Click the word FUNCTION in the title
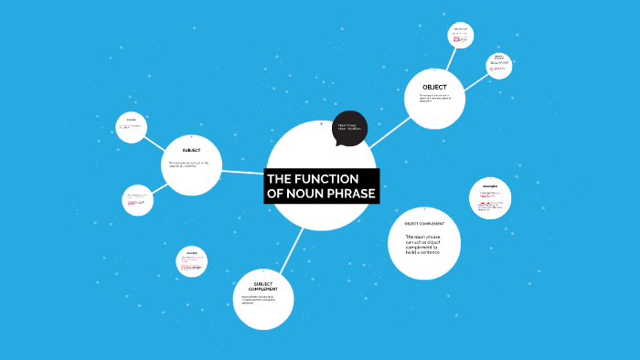pos(326,179)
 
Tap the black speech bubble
pos(349,128)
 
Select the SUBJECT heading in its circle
pos(191,150)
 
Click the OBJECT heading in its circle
pos(434,86)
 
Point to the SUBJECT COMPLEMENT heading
pos(263,287)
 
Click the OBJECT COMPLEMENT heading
pos(424,224)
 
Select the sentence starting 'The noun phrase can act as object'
pos(422,244)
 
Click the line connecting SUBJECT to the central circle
pos(243,171)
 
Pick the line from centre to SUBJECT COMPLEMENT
pos(293,246)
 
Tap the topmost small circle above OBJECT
pos(461,35)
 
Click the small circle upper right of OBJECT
pos(499,65)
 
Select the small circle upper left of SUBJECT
pos(132,127)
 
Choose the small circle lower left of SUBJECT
pos(137,199)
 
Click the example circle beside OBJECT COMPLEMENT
pos(490,198)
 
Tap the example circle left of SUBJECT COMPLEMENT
pos(192,261)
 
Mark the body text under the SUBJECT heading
pos(189,164)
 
